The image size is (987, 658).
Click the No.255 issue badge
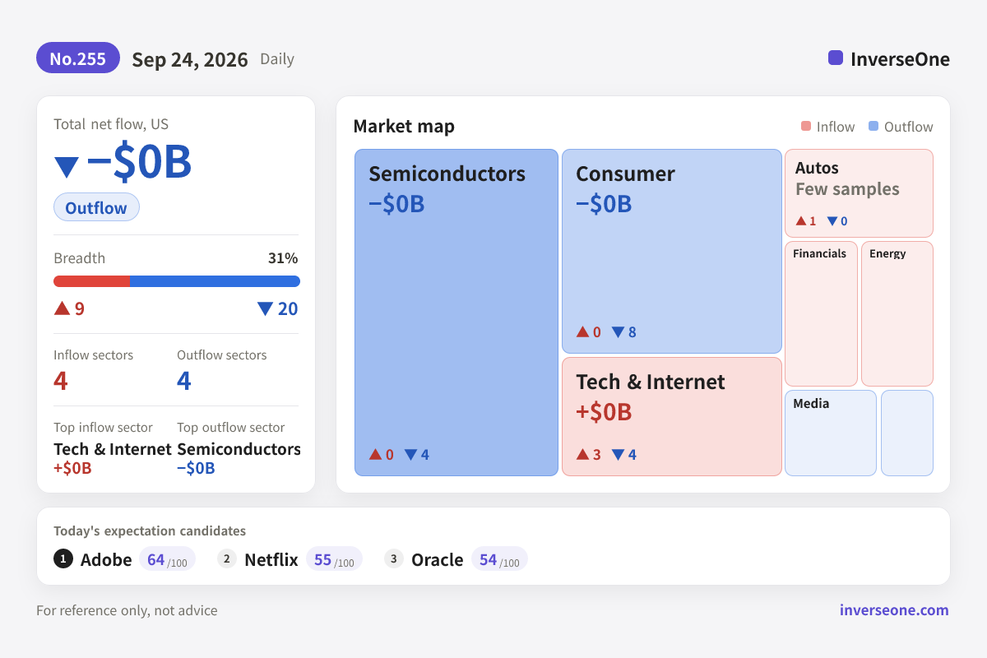pyautogui.click(x=78, y=58)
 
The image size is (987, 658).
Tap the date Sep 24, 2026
pyautogui.click(x=190, y=59)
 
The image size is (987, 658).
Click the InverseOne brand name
pyautogui.click(x=900, y=59)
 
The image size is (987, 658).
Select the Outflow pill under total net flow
pyautogui.click(x=96, y=207)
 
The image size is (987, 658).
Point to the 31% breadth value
pyautogui.click(x=283, y=257)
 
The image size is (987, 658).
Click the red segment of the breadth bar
pyautogui.click(x=91, y=281)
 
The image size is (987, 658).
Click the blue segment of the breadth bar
pyautogui.click(x=215, y=281)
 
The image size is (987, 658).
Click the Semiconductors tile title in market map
pyautogui.click(x=447, y=174)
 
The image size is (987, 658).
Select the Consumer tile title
pyautogui.click(x=625, y=174)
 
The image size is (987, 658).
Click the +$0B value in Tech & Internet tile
pyautogui.click(x=604, y=412)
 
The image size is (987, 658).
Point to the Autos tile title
pyautogui.click(x=817, y=168)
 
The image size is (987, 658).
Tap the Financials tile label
pyautogui.click(x=819, y=253)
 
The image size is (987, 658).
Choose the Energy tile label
pyautogui.click(x=887, y=254)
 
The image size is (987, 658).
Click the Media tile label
pyautogui.click(x=811, y=403)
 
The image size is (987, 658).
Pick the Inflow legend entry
pyautogui.click(x=827, y=127)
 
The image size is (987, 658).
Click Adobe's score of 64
pyautogui.click(x=155, y=560)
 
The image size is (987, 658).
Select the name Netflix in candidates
pyautogui.click(x=271, y=560)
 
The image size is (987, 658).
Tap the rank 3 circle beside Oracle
pyautogui.click(x=393, y=558)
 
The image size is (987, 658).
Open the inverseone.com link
pyautogui.click(x=894, y=610)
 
